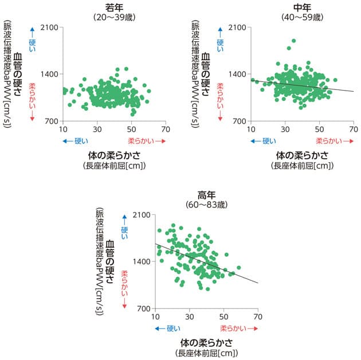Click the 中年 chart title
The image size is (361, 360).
pos(302,7)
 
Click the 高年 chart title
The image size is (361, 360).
pos(206,195)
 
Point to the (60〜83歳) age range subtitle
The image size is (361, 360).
pos(206,205)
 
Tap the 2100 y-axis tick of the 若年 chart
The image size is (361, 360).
pos(48,27)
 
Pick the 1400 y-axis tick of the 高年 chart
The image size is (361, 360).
pos(142,261)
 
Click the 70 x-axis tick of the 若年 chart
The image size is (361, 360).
pos(165,128)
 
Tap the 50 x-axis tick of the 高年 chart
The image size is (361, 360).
pos(223,316)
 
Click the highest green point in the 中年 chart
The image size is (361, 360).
pos(294,41)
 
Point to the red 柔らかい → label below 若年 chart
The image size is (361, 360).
pos(146,140)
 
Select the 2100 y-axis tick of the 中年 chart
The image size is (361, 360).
pos(237,27)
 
